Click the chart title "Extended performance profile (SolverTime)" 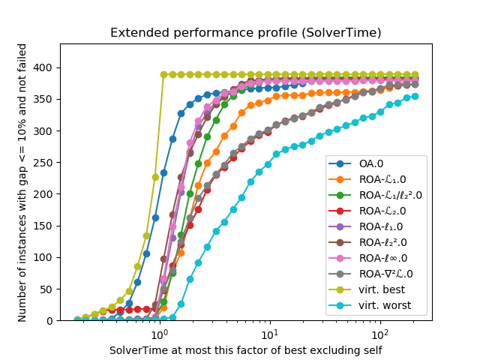(x=245, y=33)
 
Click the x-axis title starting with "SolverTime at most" (x=245, y=349)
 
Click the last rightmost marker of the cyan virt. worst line (x=415, y=96)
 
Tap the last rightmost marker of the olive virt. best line (x=415, y=75)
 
